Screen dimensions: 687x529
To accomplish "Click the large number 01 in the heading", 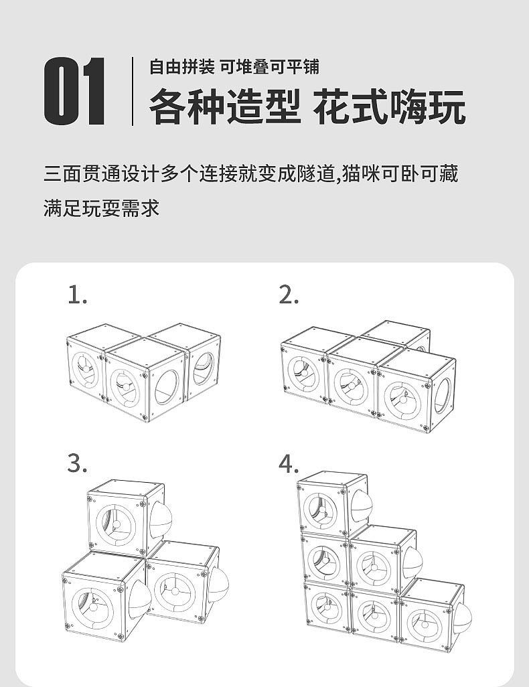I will [x=75, y=92].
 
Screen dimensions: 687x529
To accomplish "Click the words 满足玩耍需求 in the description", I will [x=102, y=208].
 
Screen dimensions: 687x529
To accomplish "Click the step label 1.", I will [x=78, y=295].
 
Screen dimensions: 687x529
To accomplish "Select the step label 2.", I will [x=289, y=295].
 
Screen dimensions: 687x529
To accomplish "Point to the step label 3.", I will [x=78, y=463].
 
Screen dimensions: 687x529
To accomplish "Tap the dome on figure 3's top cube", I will [x=161, y=522].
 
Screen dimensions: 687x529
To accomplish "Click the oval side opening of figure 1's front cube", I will [x=167, y=388].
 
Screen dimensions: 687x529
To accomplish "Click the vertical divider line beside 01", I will [x=133, y=92].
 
